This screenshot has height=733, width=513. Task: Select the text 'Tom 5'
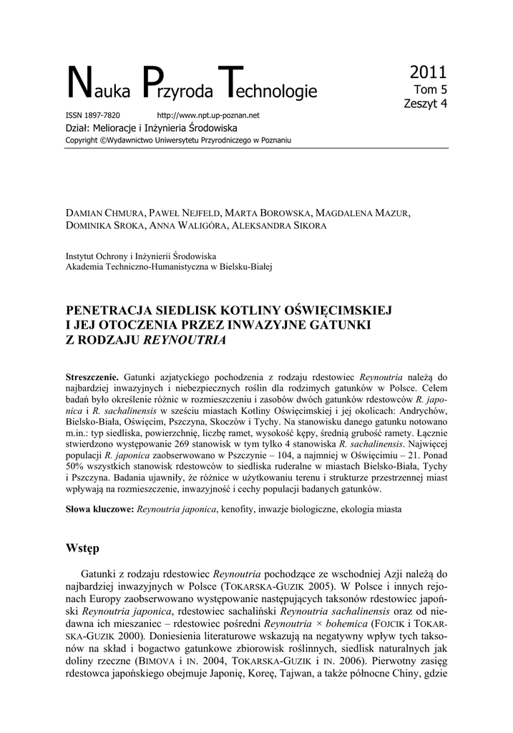(x=431, y=89)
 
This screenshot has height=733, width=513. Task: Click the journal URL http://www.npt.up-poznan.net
(x=207, y=115)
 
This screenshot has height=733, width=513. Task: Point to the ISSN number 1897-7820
(x=103, y=115)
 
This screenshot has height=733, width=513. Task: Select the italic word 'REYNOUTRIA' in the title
(x=185, y=339)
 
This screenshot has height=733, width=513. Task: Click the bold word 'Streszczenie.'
(x=92, y=377)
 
